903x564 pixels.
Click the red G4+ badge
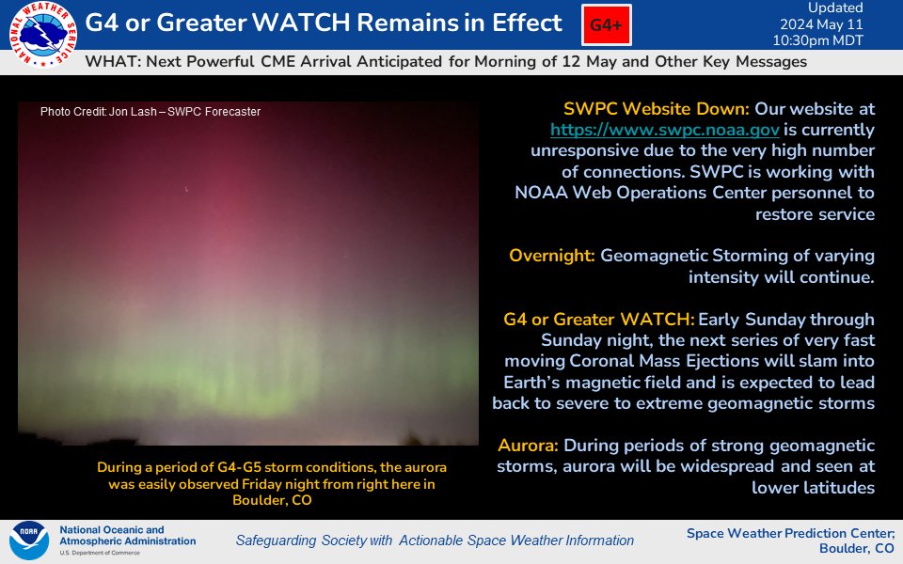[607, 26]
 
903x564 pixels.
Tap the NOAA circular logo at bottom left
[29, 541]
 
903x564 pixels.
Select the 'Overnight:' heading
[552, 256]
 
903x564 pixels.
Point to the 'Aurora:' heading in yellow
[529, 446]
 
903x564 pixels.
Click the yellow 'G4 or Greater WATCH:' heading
[599, 320]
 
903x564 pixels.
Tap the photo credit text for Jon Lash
[150, 112]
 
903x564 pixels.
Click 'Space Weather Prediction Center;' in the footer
[790, 533]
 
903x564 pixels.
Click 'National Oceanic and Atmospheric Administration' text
[127, 535]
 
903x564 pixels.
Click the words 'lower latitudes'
[814, 487]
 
